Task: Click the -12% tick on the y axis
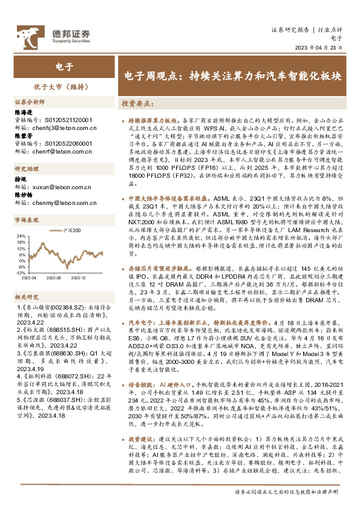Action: [19, 273]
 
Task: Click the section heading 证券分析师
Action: [30, 102]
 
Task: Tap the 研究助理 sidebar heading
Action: [27, 186]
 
